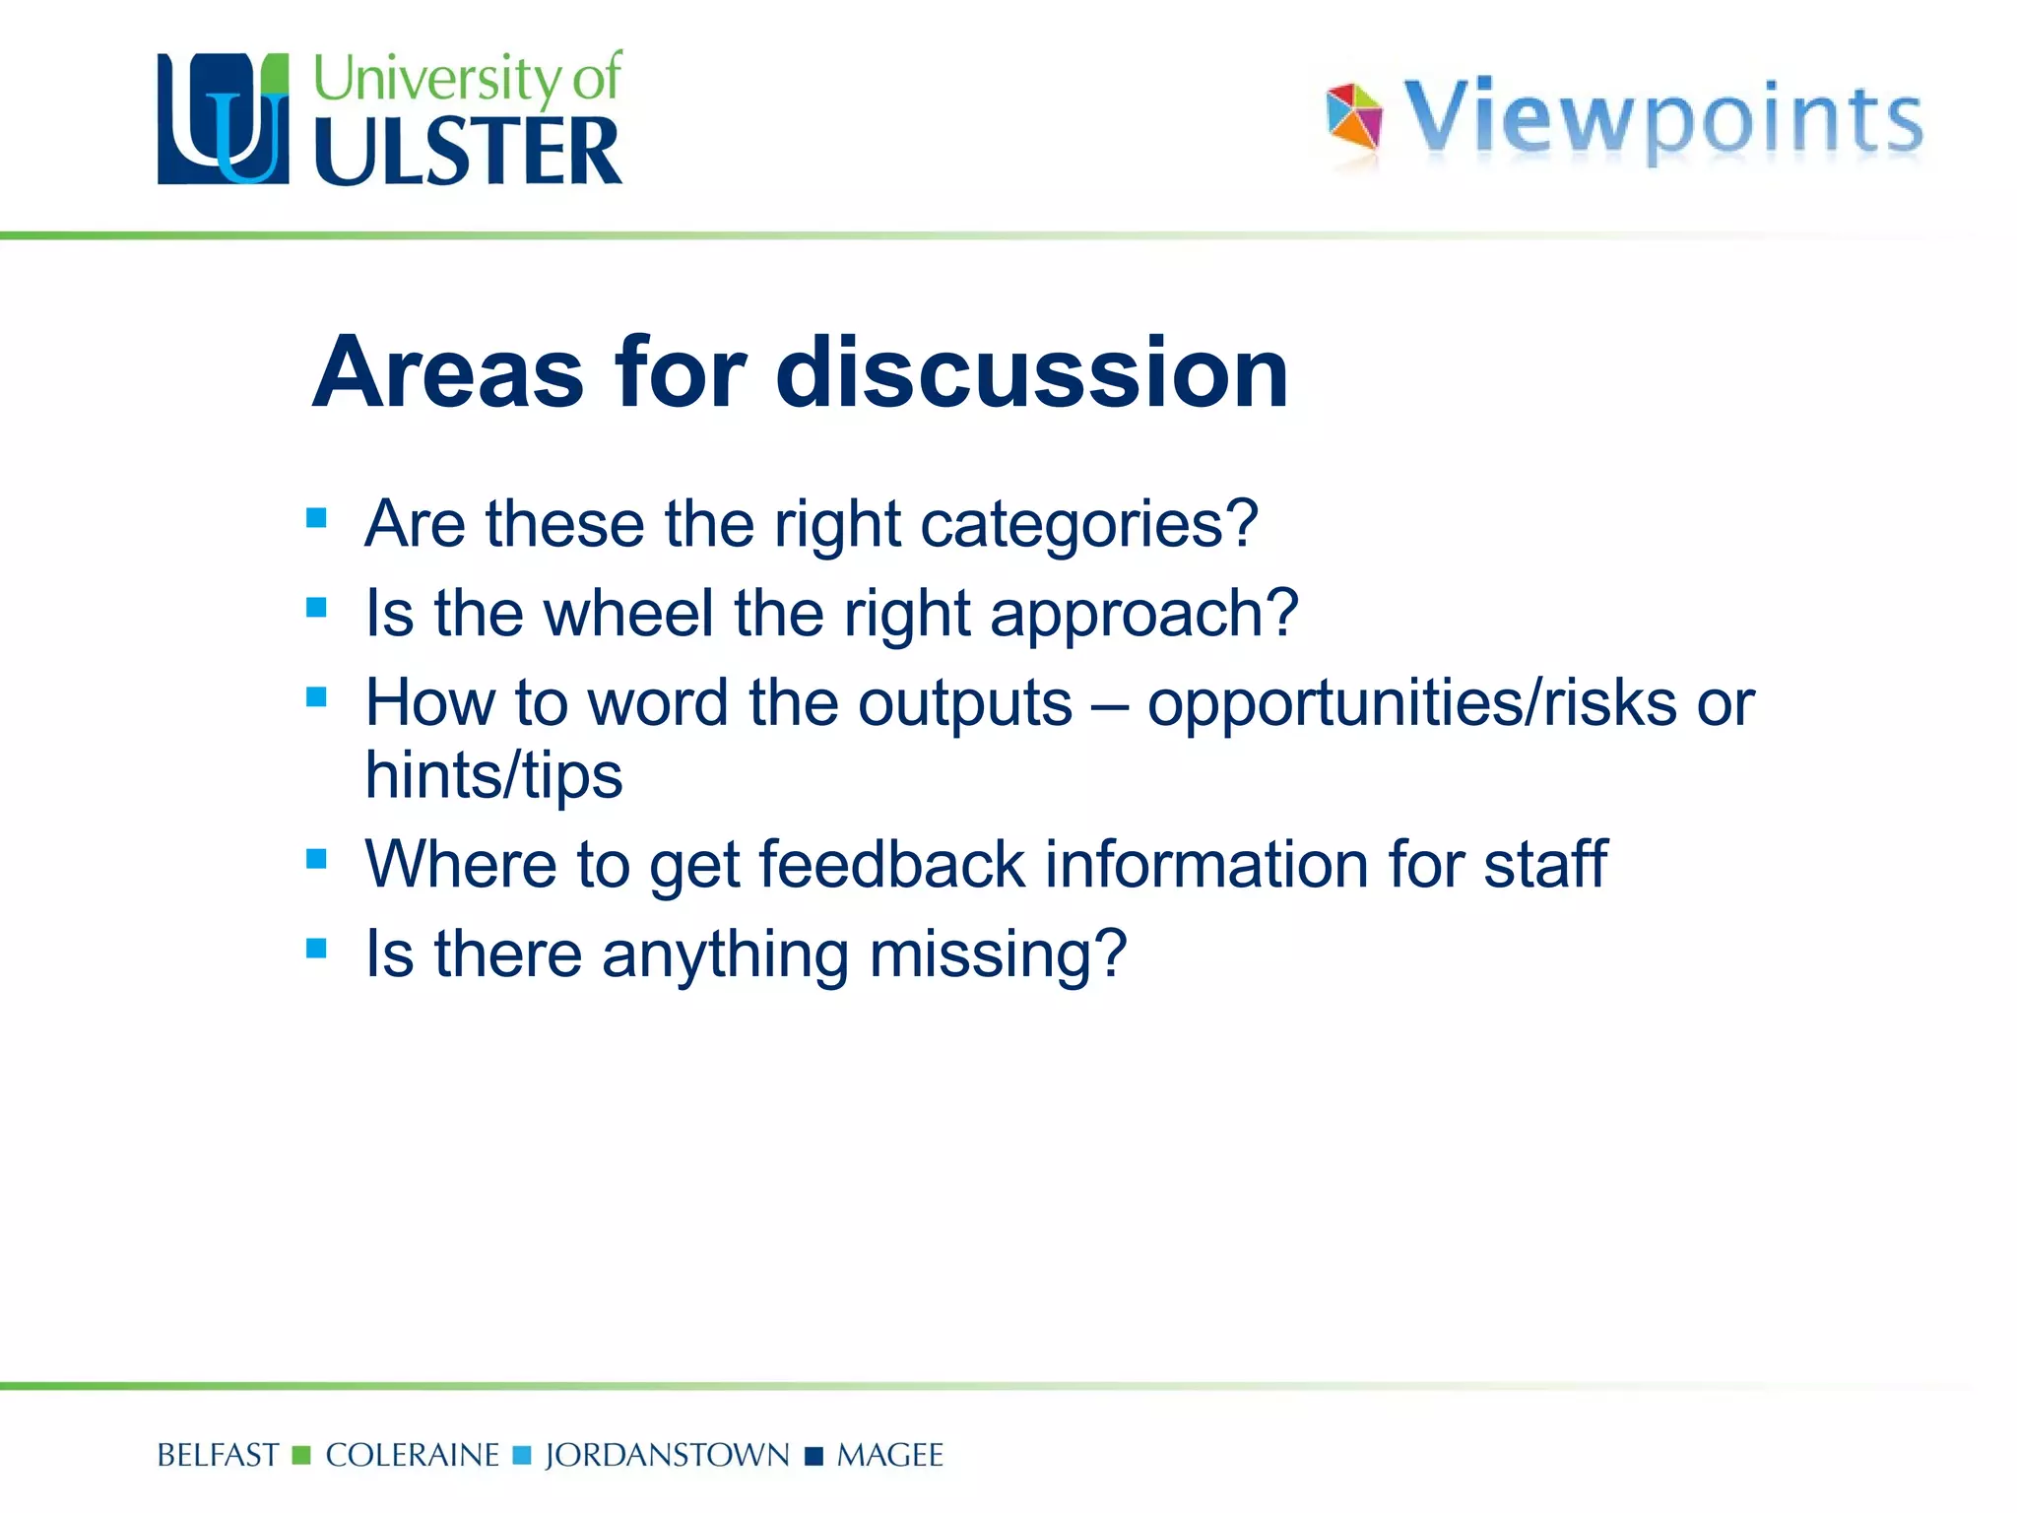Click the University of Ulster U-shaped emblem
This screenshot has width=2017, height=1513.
(x=224, y=119)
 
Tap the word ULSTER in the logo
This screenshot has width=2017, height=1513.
(x=468, y=152)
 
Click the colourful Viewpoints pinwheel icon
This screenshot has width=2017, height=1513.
(x=1354, y=118)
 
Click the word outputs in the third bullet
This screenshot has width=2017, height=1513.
(x=964, y=703)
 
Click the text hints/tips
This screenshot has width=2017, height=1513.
(x=493, y=775)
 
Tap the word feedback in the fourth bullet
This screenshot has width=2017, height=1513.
(x=892, y=864)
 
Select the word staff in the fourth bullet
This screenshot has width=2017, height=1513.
(x=1545, y=864)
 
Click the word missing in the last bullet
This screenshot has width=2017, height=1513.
(x=997, y=954)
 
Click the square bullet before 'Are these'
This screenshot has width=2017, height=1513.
(x=316, y=518)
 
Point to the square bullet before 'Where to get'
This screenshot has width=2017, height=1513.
(x=316, y=859)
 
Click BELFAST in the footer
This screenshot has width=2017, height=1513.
(x=218, y=1455)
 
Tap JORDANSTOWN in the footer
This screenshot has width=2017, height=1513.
(x=667, y=1455)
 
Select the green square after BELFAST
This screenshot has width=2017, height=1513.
(x=302, y=1455)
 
